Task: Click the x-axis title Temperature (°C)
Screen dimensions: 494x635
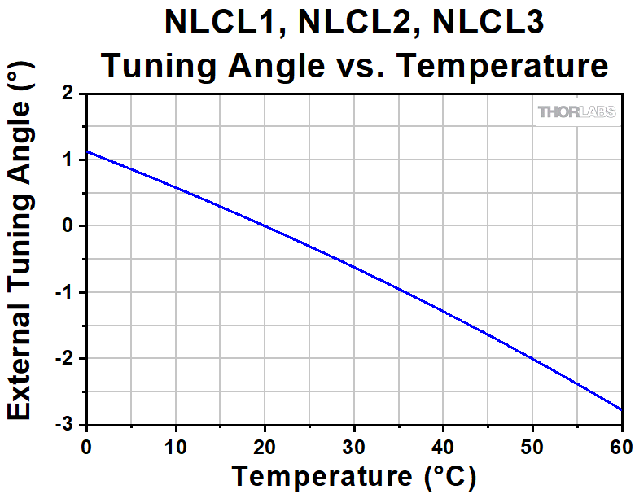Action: (353, 474)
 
